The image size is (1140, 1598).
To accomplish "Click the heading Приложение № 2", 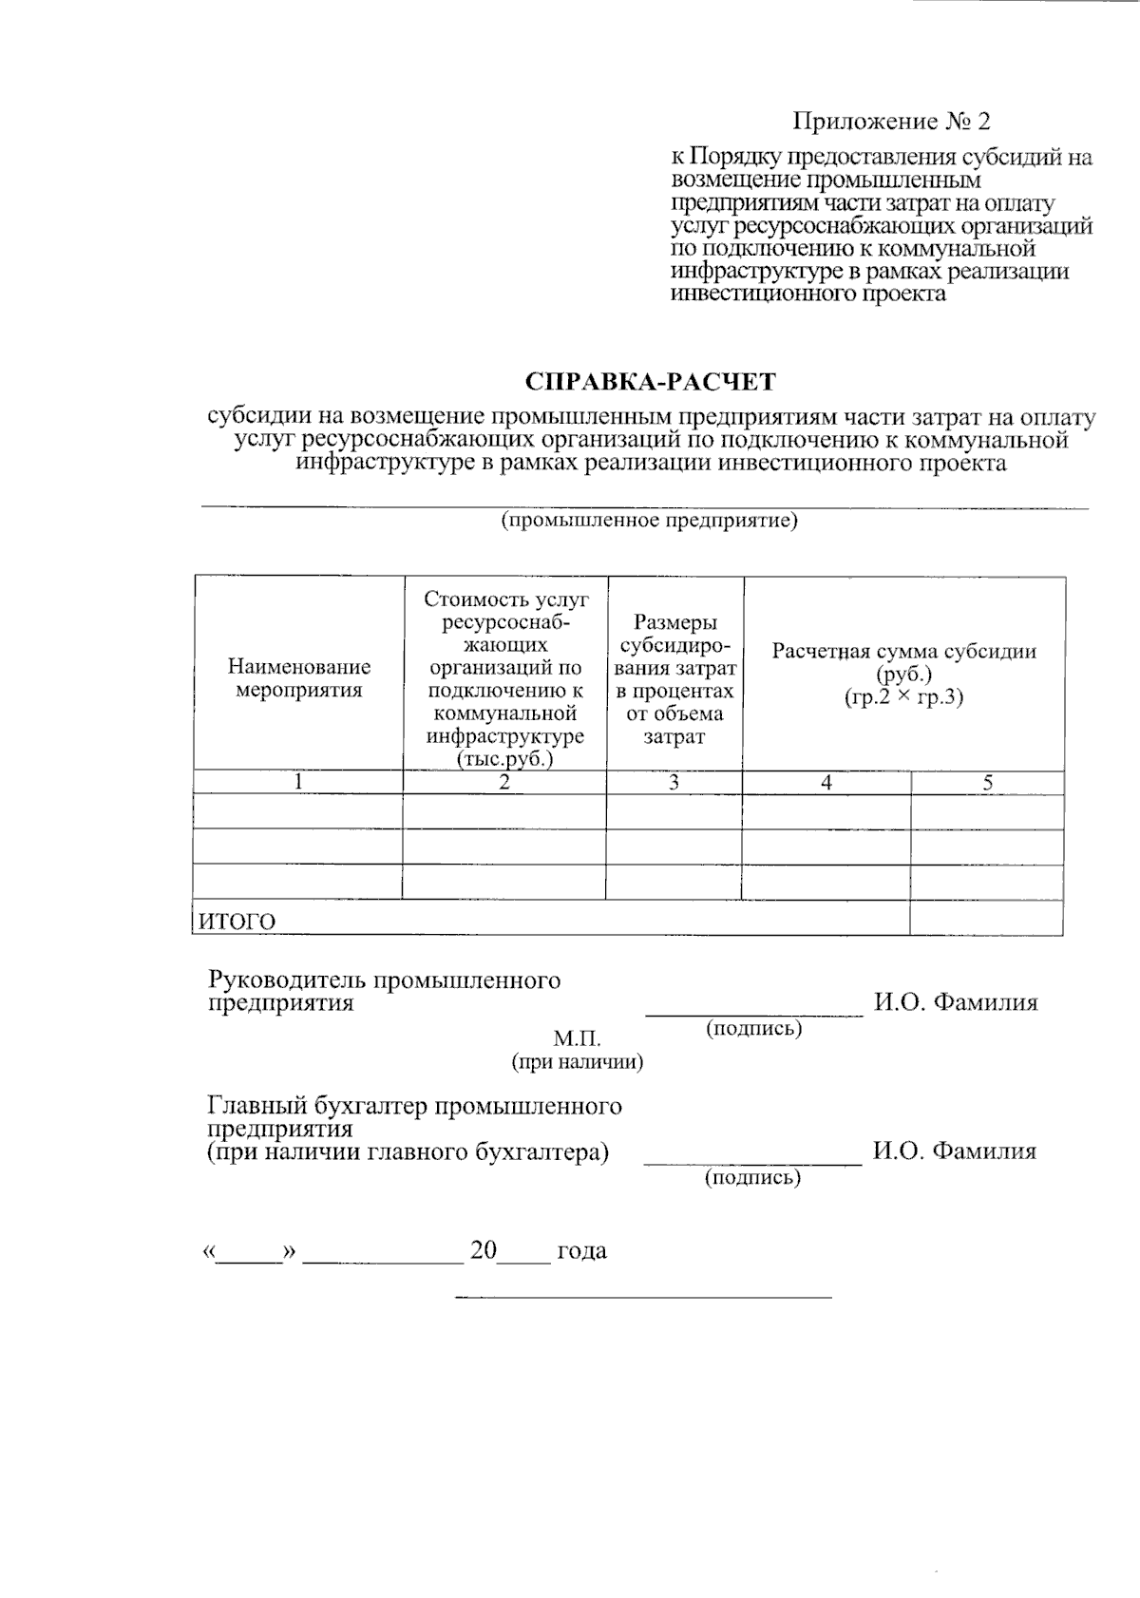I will [891, 122].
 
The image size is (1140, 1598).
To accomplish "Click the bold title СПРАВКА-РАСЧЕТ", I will [651, 382].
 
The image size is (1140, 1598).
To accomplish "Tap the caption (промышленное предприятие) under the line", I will [650, 522].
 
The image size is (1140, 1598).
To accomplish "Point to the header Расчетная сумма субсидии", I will [903, 652].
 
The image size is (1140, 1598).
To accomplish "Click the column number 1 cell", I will [298, 783].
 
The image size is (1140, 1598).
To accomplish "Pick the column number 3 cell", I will [674, 783].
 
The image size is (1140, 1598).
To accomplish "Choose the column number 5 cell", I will [987, 783].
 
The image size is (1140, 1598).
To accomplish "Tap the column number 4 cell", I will [826, 783].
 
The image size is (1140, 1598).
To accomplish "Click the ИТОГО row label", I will [237, 921].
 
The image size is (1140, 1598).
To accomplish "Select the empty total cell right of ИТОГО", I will [986, 918].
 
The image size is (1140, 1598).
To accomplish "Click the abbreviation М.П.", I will [578, 1039].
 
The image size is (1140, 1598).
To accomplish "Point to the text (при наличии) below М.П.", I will [578, 1062].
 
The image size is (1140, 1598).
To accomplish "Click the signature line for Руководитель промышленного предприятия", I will [754, 1012].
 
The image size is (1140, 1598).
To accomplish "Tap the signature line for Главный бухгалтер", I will [752, 1161].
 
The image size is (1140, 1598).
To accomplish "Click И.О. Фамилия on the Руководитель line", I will [956, 1002].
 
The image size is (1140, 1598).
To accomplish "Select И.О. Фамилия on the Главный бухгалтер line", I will [955, 1151].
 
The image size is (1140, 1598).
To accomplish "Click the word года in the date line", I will [581, 1250].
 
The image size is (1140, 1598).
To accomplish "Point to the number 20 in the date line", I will [484, 1250].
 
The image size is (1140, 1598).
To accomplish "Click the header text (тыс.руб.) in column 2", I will [504, 759].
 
